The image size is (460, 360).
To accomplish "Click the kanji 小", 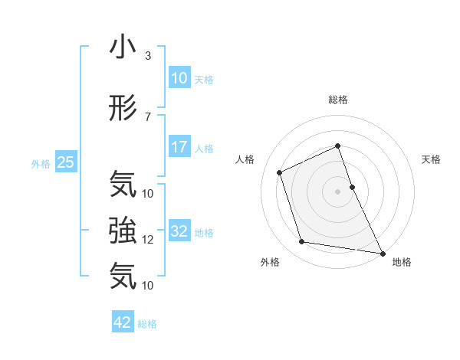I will pos(123,47).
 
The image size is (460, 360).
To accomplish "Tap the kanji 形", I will pos(123,108).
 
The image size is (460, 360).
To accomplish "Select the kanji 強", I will pos(123,229).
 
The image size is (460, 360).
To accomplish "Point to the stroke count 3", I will pos(148,56).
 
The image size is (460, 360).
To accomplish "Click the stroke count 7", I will pos(148,116).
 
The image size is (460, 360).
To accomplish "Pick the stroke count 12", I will pos(148,239).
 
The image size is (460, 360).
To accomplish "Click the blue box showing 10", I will pos(179,78).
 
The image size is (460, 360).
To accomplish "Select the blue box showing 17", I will pos(179,147).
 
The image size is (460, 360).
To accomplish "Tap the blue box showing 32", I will pos(179,231).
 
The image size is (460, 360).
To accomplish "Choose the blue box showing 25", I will pos(65,162).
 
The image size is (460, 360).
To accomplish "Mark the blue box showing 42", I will pos(123,322).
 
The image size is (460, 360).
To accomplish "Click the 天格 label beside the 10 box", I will pos(204,79).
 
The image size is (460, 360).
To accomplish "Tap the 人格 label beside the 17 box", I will pos(204,148).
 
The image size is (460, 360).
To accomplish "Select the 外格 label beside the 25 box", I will pos(41,162).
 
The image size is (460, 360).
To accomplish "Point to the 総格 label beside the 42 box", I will pos(147,323).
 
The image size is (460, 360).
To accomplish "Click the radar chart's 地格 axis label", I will pos(402,262).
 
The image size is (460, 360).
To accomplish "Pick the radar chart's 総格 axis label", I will pos(337,100).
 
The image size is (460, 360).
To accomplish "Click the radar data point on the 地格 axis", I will pos(382,252).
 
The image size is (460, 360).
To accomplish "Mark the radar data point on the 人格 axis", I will pos(281,172).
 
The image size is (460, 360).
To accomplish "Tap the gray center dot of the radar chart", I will pos(337,191).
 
